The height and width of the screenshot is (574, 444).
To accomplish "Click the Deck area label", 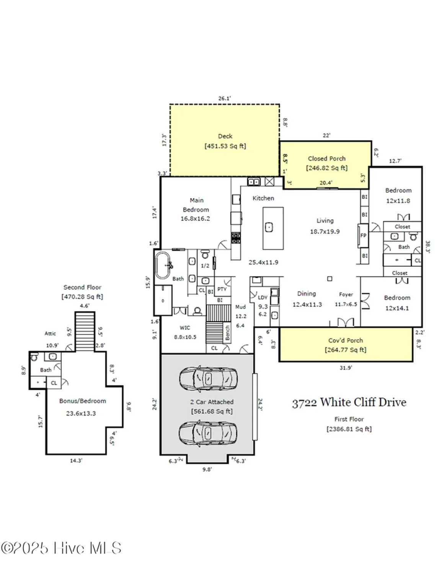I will coord(225,136).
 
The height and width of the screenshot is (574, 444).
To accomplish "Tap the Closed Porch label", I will coord(326,158).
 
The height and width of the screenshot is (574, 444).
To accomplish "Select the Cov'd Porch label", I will coord(345,340).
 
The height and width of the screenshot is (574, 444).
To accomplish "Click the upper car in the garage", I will coord(208,378).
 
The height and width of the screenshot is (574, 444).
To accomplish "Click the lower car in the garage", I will coord(208,433).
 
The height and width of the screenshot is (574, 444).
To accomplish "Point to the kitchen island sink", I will coord(269,227).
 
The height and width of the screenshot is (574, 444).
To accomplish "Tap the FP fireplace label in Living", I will coord(363,235).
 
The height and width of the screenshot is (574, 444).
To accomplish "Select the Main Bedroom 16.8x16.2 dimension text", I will coord(195,219).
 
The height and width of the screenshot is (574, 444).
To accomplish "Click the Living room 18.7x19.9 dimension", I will coord(325,232).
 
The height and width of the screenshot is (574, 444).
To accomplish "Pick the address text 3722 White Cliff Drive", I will coord(349,403).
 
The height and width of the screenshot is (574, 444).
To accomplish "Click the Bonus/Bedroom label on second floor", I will coord(82,401).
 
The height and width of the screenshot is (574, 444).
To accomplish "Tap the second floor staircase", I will coord(85,331).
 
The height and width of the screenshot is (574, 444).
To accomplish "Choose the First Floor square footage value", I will coord(349,429).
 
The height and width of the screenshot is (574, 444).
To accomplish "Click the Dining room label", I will coord(307,294).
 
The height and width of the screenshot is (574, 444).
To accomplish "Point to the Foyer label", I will coord(346,294).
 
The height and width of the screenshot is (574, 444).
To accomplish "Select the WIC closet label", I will coord(184,328).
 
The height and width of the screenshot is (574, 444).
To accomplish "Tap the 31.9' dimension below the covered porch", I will coord(346,368).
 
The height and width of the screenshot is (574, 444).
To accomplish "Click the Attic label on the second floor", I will coord(50,333).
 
